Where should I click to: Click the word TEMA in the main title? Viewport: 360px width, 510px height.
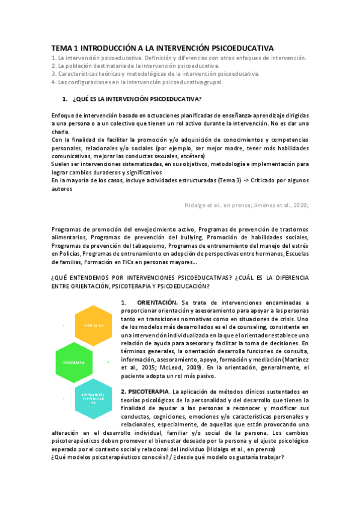[60, 48]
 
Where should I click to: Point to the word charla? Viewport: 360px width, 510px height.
[61, 132]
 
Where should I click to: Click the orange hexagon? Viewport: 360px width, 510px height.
[87, 325]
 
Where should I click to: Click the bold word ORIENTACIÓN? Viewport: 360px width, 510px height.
[157, 301]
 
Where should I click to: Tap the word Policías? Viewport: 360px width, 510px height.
[67, 253]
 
